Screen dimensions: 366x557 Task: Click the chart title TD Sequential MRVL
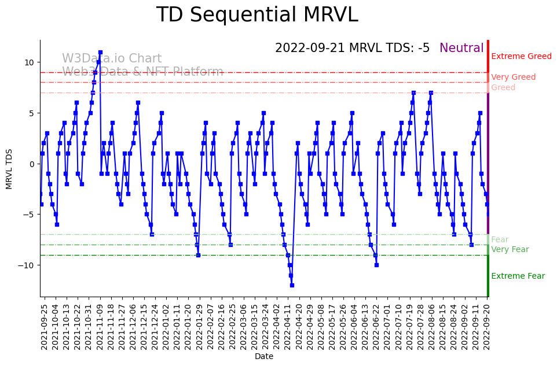(x=257, y=16)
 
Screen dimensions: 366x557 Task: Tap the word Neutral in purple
(x=461, y=49)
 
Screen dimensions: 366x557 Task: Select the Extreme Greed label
(x=521, y=57)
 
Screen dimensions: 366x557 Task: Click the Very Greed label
(x=513, y=77)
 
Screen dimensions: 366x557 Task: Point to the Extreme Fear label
(x=518, y=276)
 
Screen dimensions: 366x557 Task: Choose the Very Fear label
(x=510, y=250)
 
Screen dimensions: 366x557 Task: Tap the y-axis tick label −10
(x=27, y=265)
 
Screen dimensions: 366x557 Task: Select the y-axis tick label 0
(x=31, y=164)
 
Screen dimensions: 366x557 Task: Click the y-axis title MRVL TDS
(x=9, y=168)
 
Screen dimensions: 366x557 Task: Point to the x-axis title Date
(x=264, y=357)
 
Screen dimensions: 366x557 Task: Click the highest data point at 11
(x=100, y=52)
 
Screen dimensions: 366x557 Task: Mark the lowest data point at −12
(x=292, y=285)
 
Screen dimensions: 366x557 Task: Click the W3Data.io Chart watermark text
(x=112, y=59)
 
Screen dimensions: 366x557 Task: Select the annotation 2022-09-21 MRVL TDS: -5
(x=352, y=49)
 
